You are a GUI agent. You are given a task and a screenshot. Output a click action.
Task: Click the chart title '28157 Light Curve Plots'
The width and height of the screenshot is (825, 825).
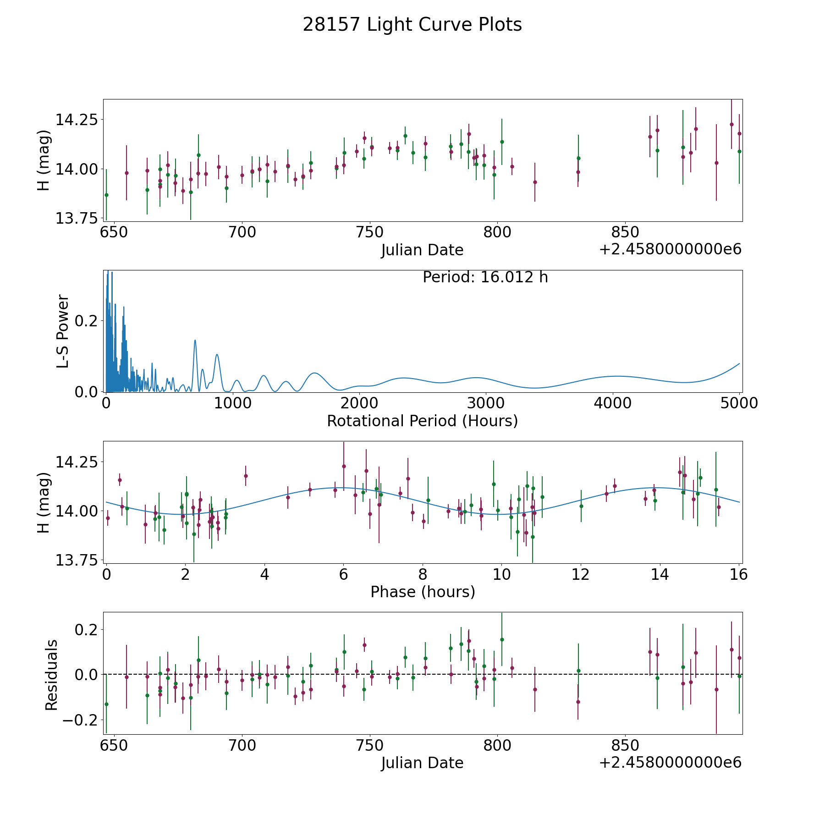pyautogui.click(x=412, y=25)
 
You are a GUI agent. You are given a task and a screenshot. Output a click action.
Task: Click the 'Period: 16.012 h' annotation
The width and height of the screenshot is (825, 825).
pyautogui.click(x=485, y=277)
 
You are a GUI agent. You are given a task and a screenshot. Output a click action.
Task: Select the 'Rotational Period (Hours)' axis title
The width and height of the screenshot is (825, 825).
pyautogui.click(x=422, y=421)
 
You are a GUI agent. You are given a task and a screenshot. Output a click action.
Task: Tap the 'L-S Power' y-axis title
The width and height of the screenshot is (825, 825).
pyautogui.click(x=63, y=331)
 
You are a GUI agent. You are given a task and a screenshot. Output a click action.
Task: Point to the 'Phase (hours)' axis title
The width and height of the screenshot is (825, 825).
pyautogui.click(x=422, y=592)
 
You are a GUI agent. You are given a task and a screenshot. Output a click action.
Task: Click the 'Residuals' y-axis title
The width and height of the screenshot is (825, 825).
pyautogui.click(x=51, y=675)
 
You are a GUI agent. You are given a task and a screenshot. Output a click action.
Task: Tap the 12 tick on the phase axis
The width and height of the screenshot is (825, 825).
pyautogui.click(x=581, y=574)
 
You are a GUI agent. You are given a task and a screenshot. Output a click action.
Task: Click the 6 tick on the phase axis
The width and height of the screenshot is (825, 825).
pyautogui.click(x=343, y=574)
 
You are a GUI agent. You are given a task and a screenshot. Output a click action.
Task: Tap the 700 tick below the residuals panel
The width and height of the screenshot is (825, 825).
pyautogui.click(x=242, y=745)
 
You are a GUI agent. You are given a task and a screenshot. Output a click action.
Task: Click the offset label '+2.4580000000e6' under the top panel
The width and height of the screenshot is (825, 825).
pyautogui.click(x=670, y=249)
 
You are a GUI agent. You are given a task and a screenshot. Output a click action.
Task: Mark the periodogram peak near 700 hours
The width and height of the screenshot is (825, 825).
pyautogui.click(x=195, y=341)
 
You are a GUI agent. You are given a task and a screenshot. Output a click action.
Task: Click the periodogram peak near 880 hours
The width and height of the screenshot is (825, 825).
pyautogui.click(x=217, y=355)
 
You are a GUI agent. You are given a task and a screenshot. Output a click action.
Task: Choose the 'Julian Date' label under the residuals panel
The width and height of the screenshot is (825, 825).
pyautogui.click(x=422, y=763)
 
